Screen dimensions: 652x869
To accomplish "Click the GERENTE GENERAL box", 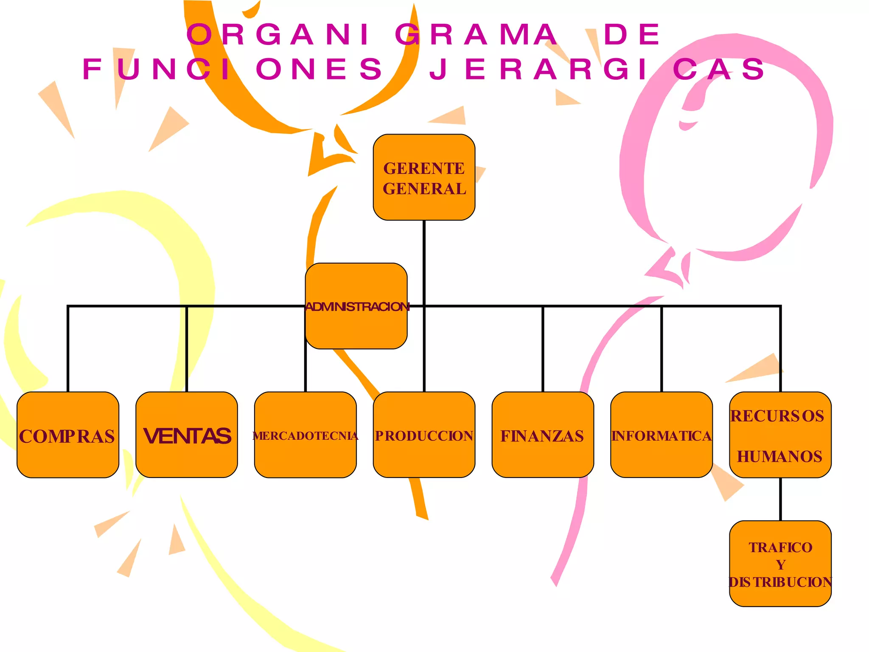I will tap(424, 177).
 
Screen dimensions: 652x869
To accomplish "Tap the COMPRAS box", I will tap(68, 435).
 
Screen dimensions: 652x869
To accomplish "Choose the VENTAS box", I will tap(187, 435).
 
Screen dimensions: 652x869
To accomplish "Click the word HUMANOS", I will tap(780, 457).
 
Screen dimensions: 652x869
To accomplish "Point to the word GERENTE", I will tap(424, 169).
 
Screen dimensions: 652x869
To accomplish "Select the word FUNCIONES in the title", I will tap(233, 69).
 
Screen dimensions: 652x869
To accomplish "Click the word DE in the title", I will tap(632, 34).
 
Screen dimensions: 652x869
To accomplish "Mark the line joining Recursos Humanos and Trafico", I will tap(780, 499).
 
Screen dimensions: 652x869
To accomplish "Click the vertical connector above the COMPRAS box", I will tap(68, 348).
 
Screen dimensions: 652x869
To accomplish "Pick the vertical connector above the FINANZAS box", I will tap(543, 348).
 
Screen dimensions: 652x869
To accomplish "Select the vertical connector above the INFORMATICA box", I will tap(662, 348).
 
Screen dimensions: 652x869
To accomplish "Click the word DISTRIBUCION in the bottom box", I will tap(780, 582).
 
